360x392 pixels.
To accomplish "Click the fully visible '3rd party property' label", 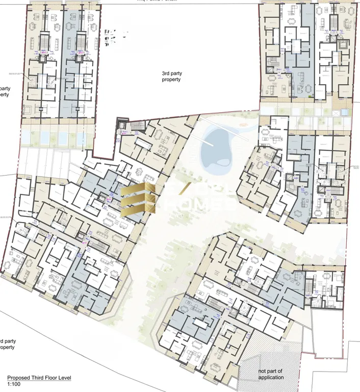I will [x=171, y=77].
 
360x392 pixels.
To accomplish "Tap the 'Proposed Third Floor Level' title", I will [x=39, y=378].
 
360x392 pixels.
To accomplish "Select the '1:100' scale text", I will [x=14, y=384].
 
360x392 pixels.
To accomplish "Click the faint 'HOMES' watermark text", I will [x=204, y=204].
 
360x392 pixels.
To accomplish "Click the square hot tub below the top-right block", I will [x=342, y=112].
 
